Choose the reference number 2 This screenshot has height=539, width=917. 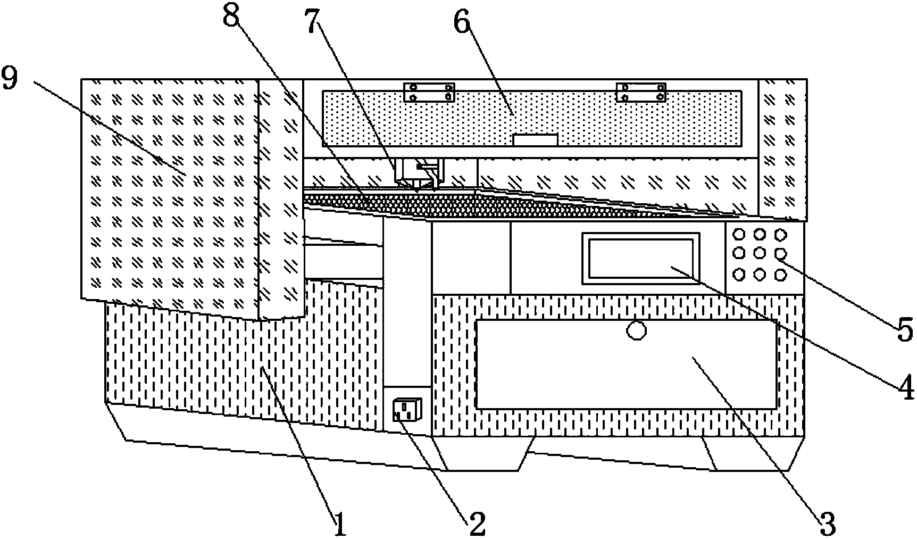tap(476, 523)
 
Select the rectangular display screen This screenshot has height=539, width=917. tap(640, 258)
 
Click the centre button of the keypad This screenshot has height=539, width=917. tap(759, 253)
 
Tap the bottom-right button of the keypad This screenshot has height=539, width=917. tap(780, 274)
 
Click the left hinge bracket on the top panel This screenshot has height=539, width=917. tap(429, 92)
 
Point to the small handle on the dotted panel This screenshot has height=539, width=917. tap(535, 139)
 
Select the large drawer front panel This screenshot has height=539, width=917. tap(626, 364)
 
